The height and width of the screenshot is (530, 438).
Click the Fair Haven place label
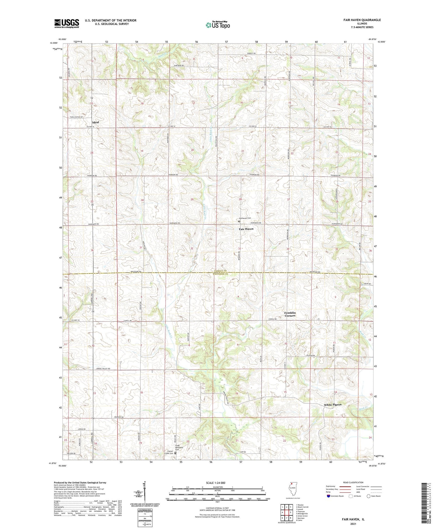point(246,229)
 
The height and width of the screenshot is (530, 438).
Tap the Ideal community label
point(95,122)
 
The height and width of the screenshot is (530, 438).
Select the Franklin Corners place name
point(290,314)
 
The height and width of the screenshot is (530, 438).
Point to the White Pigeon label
point(332,405)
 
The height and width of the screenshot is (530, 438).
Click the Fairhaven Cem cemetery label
point(245,218)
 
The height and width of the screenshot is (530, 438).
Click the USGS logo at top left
point(67,23)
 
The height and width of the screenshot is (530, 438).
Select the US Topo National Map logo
point(218,25)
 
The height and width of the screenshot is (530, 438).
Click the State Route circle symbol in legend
point(369,496)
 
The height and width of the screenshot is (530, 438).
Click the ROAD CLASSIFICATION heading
point(353,482)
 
